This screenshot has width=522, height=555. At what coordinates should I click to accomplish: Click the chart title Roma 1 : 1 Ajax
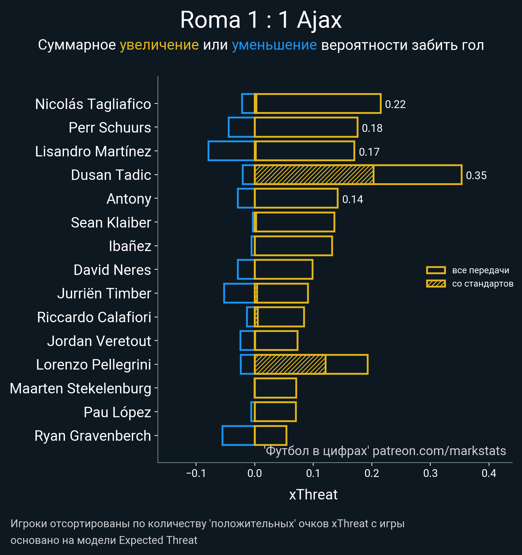tap(261, 20)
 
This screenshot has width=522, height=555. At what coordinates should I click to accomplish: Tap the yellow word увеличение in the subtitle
tap(159, 45)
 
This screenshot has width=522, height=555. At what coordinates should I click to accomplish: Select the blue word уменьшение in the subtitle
tap(274, 45)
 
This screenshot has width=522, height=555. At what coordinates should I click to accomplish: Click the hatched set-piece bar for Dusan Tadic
tap(314, 175)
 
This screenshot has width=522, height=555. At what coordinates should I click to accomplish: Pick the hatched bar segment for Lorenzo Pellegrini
tap(290, 364)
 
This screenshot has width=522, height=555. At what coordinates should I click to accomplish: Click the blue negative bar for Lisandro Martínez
tap(231, 151)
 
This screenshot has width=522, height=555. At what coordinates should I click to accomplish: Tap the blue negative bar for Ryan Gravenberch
tap(238, 436)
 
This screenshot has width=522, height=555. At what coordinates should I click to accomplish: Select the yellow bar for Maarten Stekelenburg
tap(275, 388)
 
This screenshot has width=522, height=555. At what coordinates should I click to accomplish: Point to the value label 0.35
tap(476, 176)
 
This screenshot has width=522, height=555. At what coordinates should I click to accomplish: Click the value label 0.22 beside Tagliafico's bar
tap(395, 104)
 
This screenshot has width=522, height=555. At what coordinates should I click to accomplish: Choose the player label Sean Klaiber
tap(111, 223)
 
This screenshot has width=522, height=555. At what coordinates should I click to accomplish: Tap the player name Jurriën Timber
tap(104, 293)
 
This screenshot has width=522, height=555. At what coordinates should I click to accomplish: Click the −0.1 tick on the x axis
tap(196, 473)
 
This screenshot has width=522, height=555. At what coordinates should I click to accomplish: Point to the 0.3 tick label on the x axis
tap(430, 473)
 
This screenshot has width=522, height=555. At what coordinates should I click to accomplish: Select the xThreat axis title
tap(313, 495)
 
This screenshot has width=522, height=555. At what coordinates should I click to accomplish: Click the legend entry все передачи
tap(480, 270)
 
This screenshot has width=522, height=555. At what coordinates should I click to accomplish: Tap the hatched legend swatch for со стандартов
tap(436, 284)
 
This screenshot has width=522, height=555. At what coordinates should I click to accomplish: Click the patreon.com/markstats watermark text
tap(439, 451)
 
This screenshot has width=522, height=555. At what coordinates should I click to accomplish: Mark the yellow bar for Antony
tap(296, 198)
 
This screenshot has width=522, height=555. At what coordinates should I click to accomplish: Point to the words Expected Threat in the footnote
tap(158, 540)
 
